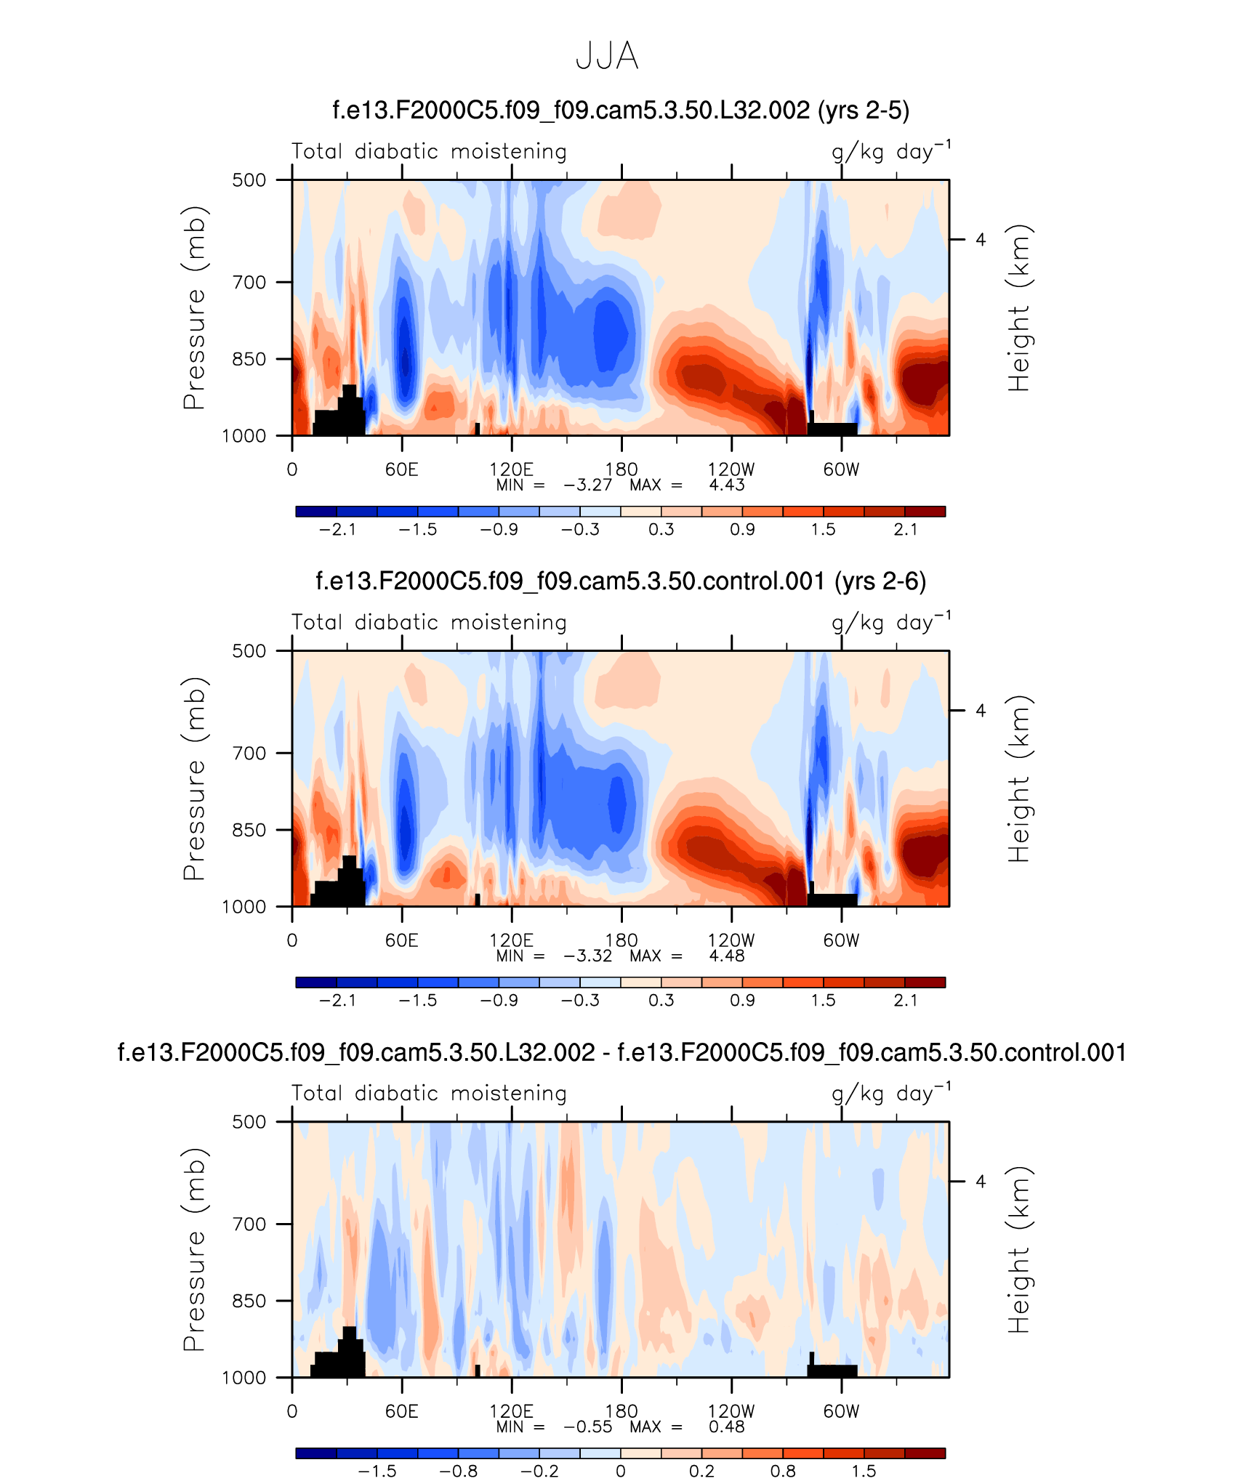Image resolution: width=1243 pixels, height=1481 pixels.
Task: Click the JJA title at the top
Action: tap(607, 56)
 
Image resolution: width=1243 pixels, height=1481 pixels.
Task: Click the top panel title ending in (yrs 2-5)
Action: tap(621, 110)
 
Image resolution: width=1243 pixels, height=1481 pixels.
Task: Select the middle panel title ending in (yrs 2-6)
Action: tap(621, 581)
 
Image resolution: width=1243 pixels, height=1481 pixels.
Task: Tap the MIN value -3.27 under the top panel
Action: tap(587, 485)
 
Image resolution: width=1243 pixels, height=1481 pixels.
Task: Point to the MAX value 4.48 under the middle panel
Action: tap(727, 956)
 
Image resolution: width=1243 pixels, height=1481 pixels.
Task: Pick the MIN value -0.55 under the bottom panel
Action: tap(587, 1427)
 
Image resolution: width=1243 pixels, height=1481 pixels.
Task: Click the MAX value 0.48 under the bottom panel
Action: tap(727, 1427)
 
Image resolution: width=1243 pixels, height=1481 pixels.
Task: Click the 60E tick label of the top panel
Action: tap(402, 469)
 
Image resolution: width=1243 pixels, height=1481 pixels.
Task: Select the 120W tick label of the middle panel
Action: tap(731, 940)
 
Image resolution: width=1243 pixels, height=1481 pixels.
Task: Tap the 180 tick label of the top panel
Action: tap(621, 469)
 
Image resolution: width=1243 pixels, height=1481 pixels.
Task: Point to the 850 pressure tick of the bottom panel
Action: tap(249, 1301)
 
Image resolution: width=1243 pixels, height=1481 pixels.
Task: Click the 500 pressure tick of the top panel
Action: tap(249, 180)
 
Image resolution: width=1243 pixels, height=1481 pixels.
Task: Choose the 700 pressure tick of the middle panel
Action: tap(249, 753)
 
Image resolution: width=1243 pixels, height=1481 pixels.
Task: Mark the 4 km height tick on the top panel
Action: tap(981, 240)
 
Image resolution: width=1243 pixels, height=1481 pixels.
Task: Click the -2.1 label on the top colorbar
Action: tap(338, 530)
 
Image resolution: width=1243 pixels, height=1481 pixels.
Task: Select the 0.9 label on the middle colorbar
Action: tap(742, 1001)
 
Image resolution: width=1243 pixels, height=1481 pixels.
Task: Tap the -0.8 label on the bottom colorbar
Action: tap(459, 1472)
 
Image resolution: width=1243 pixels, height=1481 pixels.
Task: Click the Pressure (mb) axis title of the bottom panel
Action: tap(194, 1249)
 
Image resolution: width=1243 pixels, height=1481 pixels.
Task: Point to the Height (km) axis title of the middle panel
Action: tap(1019, 779)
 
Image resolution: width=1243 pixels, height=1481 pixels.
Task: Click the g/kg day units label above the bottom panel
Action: tap(890, 1094)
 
